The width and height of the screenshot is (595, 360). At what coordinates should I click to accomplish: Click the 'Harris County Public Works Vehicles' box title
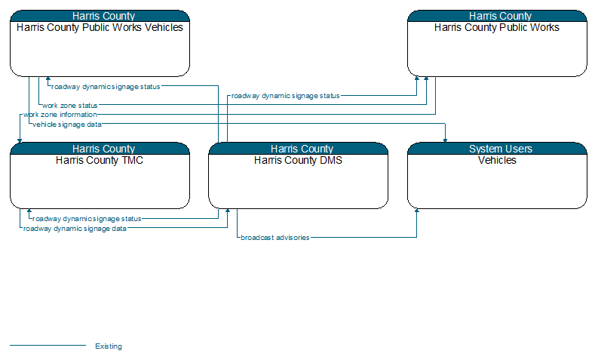click(x=100, y=28)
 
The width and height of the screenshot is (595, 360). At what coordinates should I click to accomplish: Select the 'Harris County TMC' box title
click(x=100, y=161)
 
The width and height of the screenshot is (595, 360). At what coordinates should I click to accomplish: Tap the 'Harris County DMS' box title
click(x=299, y=161)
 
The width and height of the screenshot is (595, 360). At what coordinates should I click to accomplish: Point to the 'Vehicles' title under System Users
click(x=497, y=161)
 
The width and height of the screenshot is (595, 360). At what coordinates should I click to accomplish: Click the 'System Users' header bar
click(x=497, y=149)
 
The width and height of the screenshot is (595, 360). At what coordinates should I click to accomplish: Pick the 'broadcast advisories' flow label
click(x=275, y=238)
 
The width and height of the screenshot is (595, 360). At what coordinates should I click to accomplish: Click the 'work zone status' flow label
click(x=70, y=106)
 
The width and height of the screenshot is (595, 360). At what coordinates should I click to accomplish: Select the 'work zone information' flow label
click(x=60, y=115)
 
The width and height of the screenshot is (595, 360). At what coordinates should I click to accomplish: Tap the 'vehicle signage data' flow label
click(x=67, y=125)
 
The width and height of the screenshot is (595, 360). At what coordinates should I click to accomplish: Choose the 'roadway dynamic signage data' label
click(x=75, y=229)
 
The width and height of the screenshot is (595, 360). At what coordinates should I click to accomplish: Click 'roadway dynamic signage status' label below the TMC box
click(x=87, y=219)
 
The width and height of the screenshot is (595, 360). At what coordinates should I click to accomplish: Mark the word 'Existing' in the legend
click(x=109, y=346)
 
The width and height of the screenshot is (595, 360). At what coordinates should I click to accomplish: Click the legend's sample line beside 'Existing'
click(x=48, y=345)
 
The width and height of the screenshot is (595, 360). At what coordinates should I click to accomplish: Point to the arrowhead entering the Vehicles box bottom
click(x=417, y=211)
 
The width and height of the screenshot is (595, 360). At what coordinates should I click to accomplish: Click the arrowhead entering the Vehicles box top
click(x=445, y=140)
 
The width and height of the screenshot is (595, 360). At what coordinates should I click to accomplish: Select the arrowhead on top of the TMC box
click(x=20, y=140)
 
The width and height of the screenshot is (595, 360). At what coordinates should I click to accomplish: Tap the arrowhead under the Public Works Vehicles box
click(x=48, y=78)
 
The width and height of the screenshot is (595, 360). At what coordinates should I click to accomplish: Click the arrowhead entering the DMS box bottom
click(x=228, y=211)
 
